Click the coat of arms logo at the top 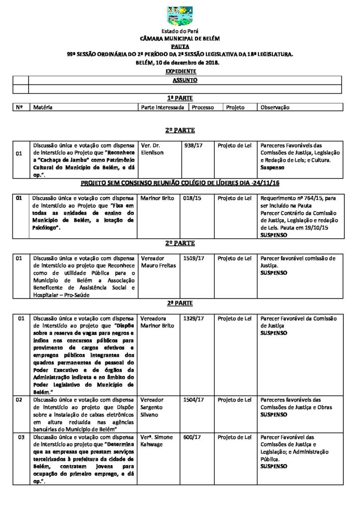(180, 16)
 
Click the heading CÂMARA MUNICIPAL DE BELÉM (180, 38)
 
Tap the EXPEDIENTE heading (180, 72)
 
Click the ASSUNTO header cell (184, 80)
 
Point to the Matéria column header (43, 107)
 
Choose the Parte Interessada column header (163, 107)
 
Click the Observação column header (275, 107)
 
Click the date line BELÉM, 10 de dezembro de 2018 (180, 63)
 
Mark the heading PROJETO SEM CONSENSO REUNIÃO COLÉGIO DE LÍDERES (180, 184)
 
